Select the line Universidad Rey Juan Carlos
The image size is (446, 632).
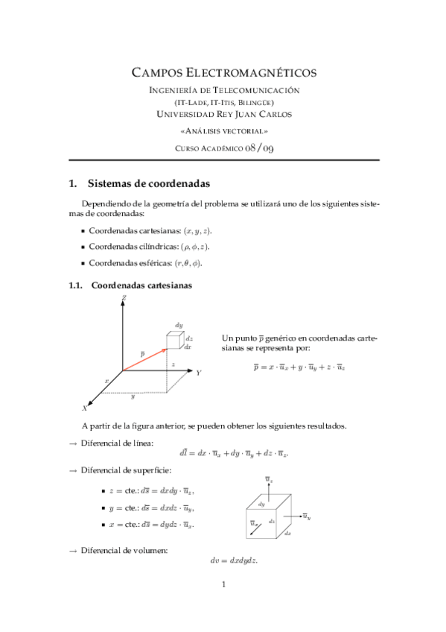click(223, 114)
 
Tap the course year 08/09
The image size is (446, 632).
click(260, 148)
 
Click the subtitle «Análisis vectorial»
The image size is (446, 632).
click(223, 130)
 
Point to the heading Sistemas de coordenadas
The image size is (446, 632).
click(147, 183)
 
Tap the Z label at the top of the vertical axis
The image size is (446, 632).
click(123, 297)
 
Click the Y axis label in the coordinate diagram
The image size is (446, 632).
click(198, 372)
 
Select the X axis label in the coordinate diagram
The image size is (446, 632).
click(84, 408)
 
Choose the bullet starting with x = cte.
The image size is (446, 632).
click(149, 525)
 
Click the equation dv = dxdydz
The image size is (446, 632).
click(235, 560)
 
